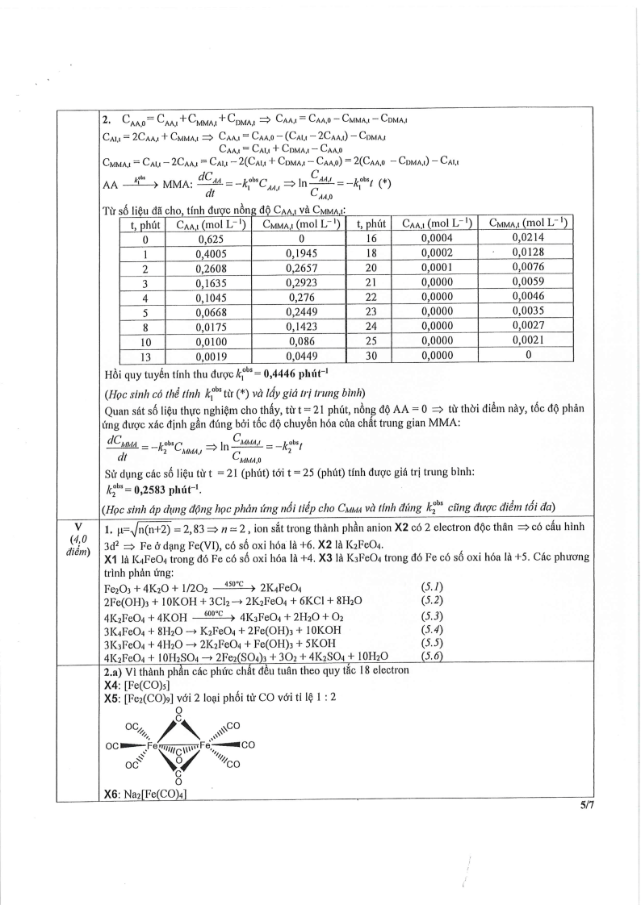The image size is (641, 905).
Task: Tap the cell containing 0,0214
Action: point(528,239)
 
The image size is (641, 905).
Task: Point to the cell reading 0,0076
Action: point(528,268)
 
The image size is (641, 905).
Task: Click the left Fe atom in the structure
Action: point(151,745)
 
